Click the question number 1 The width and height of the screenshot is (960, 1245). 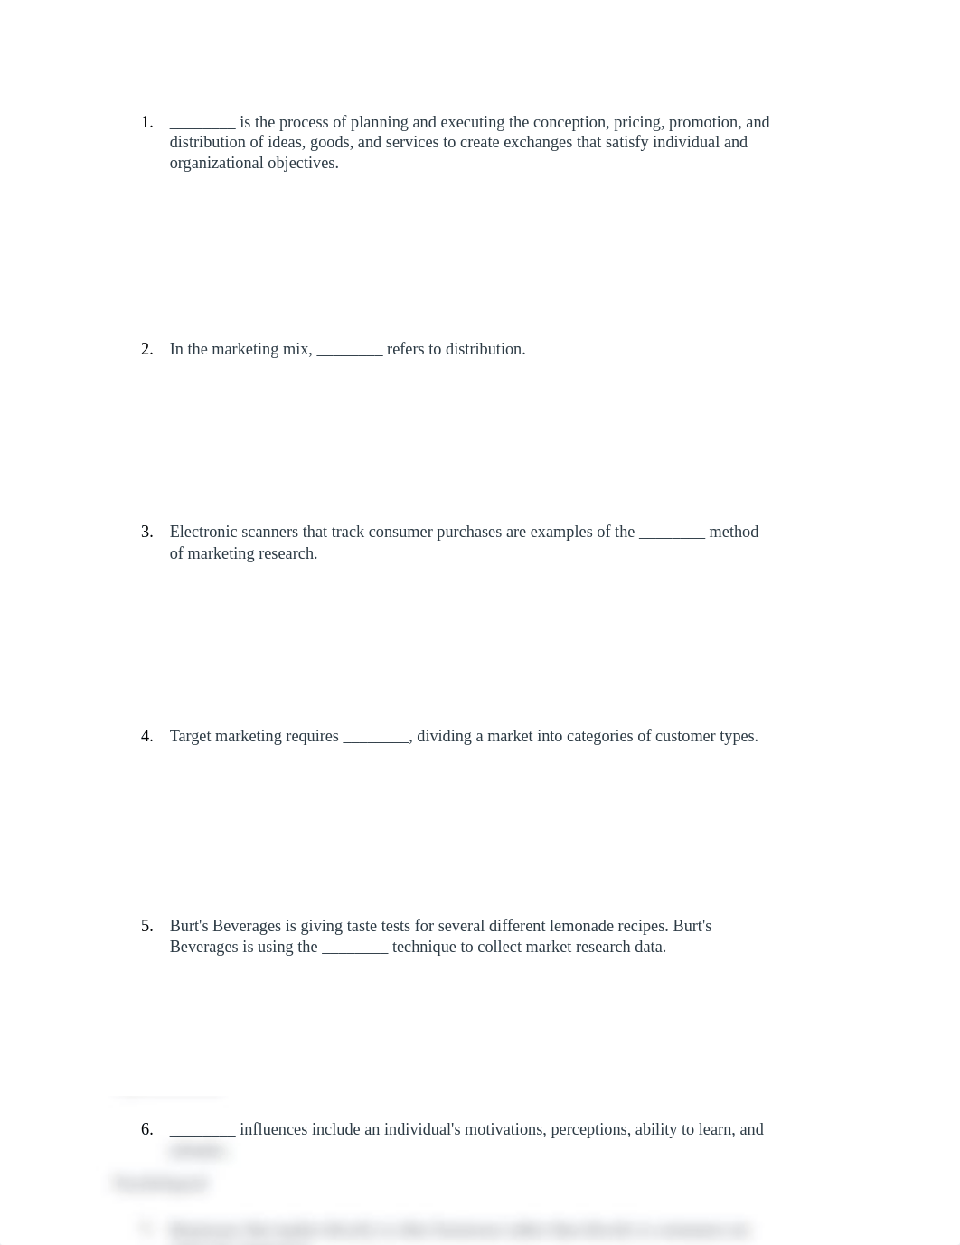point(146,122)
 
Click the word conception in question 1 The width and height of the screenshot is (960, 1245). point(569,122)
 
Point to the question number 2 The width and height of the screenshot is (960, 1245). point(146,349)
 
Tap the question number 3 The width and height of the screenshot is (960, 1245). point(146,532)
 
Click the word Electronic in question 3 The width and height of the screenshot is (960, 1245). point(203,532)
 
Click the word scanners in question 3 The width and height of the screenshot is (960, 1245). point(271,532)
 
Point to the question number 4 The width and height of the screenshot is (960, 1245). point(146,736)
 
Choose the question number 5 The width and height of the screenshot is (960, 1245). point(146,926)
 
